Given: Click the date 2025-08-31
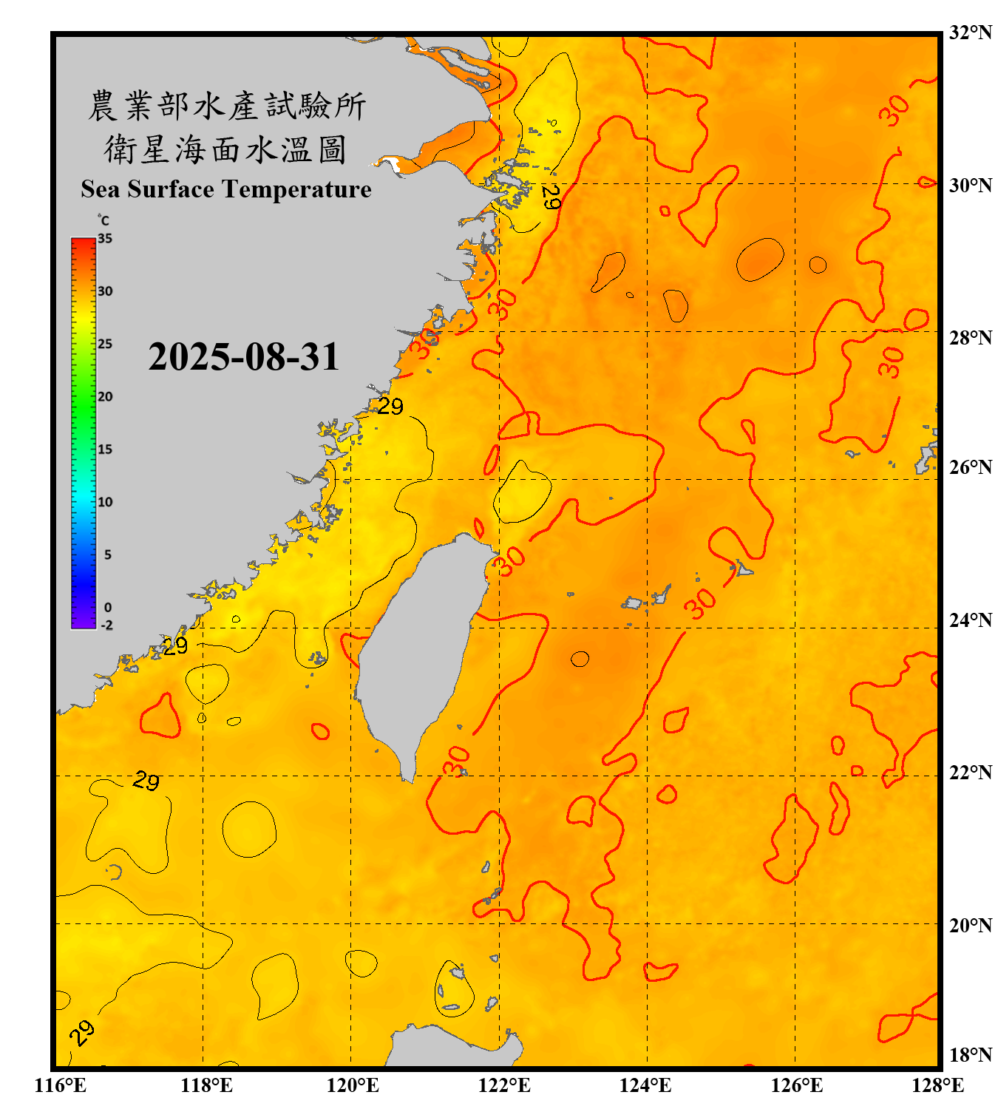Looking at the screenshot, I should click(x=243, y=357).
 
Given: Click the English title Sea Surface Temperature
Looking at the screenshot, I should click(x=225, y=189).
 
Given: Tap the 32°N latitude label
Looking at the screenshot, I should click(x=970, y=33).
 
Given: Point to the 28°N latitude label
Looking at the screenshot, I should click(x=970, y=338).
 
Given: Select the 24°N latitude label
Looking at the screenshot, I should click(x=970, y=620).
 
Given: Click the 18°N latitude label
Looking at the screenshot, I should click(x=970, y=1055).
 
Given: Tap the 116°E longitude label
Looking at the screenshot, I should click(x=61, y=1085).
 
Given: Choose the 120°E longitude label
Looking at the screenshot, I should click(x=353, y=1085).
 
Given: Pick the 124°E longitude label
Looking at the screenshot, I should click(x=645, y=1085).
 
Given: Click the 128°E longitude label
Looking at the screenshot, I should click(x=937, y=1085).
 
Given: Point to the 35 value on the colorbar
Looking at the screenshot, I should click(x=105, y=238).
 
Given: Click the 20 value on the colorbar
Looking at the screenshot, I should click(x=105, y=396).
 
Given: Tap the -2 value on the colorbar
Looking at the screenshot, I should click(x=106, y=625).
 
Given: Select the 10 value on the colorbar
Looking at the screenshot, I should click(x=105, y=502).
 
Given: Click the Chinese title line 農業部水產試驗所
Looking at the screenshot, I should click(x=227, y=106).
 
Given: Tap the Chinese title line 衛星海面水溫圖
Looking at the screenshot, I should click(x=225, y=149).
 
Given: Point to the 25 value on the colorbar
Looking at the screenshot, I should click(x=105, y=344).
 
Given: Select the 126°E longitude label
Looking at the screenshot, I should click(x=796, y=1085).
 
